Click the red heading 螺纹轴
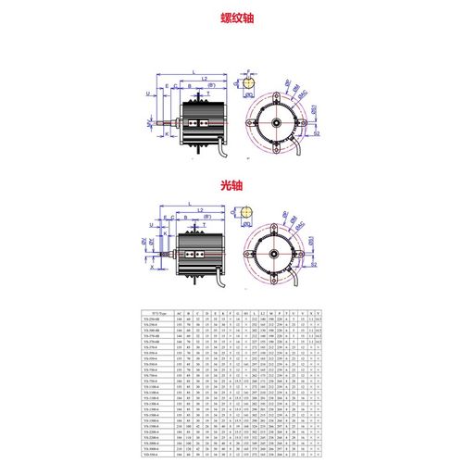tap(231, 18)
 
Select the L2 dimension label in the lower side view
tap(201, 211)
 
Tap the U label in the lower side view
tap(152, 229)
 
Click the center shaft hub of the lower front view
tap(275, 250)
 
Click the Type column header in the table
tap(152, 315)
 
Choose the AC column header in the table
tap(180, 315)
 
